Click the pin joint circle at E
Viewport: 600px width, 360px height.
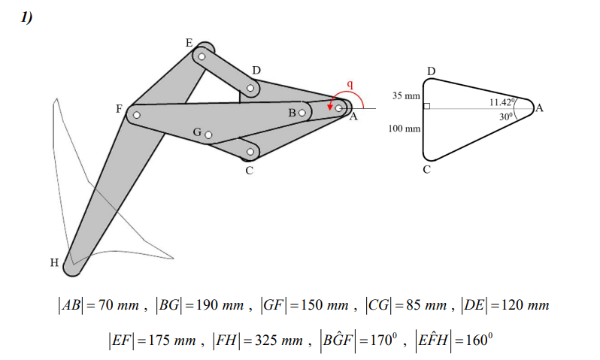click(x=202, y=56)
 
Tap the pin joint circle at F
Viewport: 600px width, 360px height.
click(x=137, y=115)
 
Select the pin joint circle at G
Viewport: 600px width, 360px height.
click(x=208, y=135)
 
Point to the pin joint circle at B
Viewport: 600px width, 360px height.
click(x=302, y=113)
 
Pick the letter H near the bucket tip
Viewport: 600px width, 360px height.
click(x=54, y=263)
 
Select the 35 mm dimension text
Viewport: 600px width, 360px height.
click(x=406, y=96)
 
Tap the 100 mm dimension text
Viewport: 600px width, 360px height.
click(x=404, y=129)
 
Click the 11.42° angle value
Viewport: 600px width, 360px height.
click(x=502, y=101)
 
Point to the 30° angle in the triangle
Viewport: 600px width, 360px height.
click(x=505, y=116)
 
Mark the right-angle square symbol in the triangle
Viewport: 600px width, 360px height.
click(x=426, y=107)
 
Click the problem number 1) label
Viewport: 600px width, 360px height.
click(x=27, y=18)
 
